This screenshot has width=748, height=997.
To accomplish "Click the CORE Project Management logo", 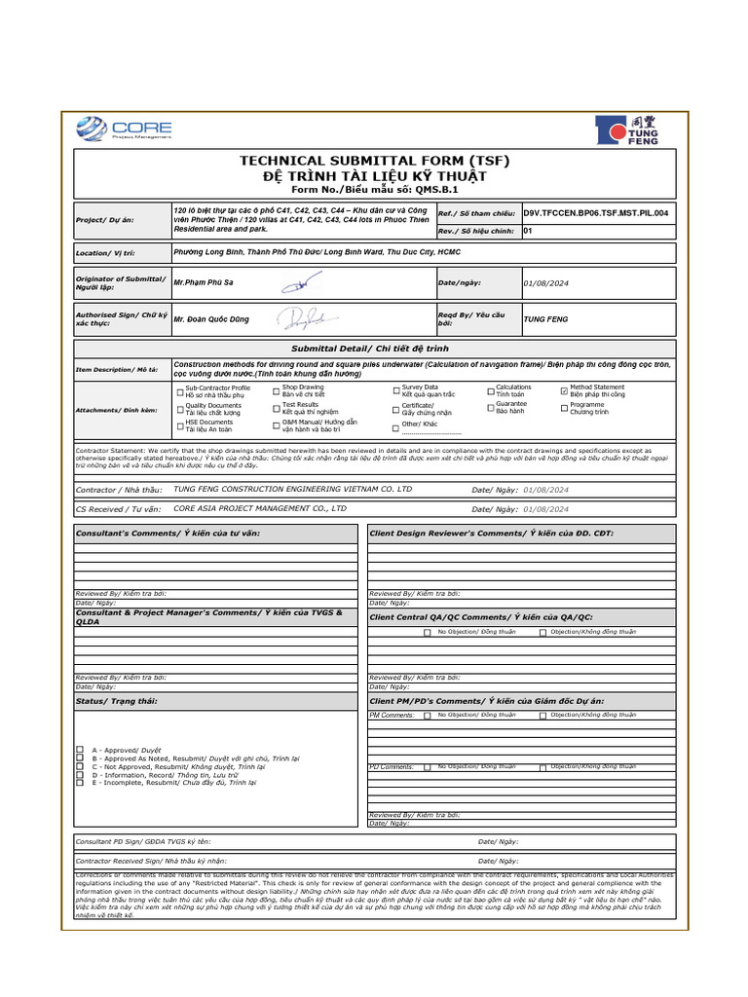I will pyautogui.click(x=124, y=129).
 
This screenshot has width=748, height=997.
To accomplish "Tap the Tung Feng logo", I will pyautogui.click(x=628, y=129).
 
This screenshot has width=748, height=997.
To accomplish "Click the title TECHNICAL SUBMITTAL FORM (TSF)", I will pyautogui.click(x=375, y=161).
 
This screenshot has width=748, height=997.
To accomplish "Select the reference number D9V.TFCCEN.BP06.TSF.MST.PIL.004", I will pyautogui.click(x=595, y=212).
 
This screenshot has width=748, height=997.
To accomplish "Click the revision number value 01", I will pyautogui.click(x=528, y=232).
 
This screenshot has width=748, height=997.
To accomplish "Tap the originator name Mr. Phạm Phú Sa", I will pyautogui.click(x=204, y=282).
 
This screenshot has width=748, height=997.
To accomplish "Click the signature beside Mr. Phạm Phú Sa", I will pyautogui.click(x=295, y=282).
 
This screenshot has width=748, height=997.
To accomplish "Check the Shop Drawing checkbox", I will pyautogui.click(x=277, y=391).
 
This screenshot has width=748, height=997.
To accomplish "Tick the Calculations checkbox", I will pyautogui.click(x=490, y=391).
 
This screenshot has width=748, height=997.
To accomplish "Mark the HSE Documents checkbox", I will pyautogui.click(x=179, y=425).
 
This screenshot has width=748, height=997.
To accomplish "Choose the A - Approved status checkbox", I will pyautogui.click(x=80, y=751).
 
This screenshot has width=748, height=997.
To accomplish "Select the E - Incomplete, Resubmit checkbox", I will pyautogui.click(x=80, y=782).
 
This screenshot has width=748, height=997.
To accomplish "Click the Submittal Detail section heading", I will pyautogui.click(x=375, y=348).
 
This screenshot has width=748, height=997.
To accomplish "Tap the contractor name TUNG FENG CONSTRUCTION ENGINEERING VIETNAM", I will pyautogui.click(x=292, y=489).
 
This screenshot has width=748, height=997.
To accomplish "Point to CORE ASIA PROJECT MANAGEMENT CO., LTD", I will pyautogui.click(x=260, y=507).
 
